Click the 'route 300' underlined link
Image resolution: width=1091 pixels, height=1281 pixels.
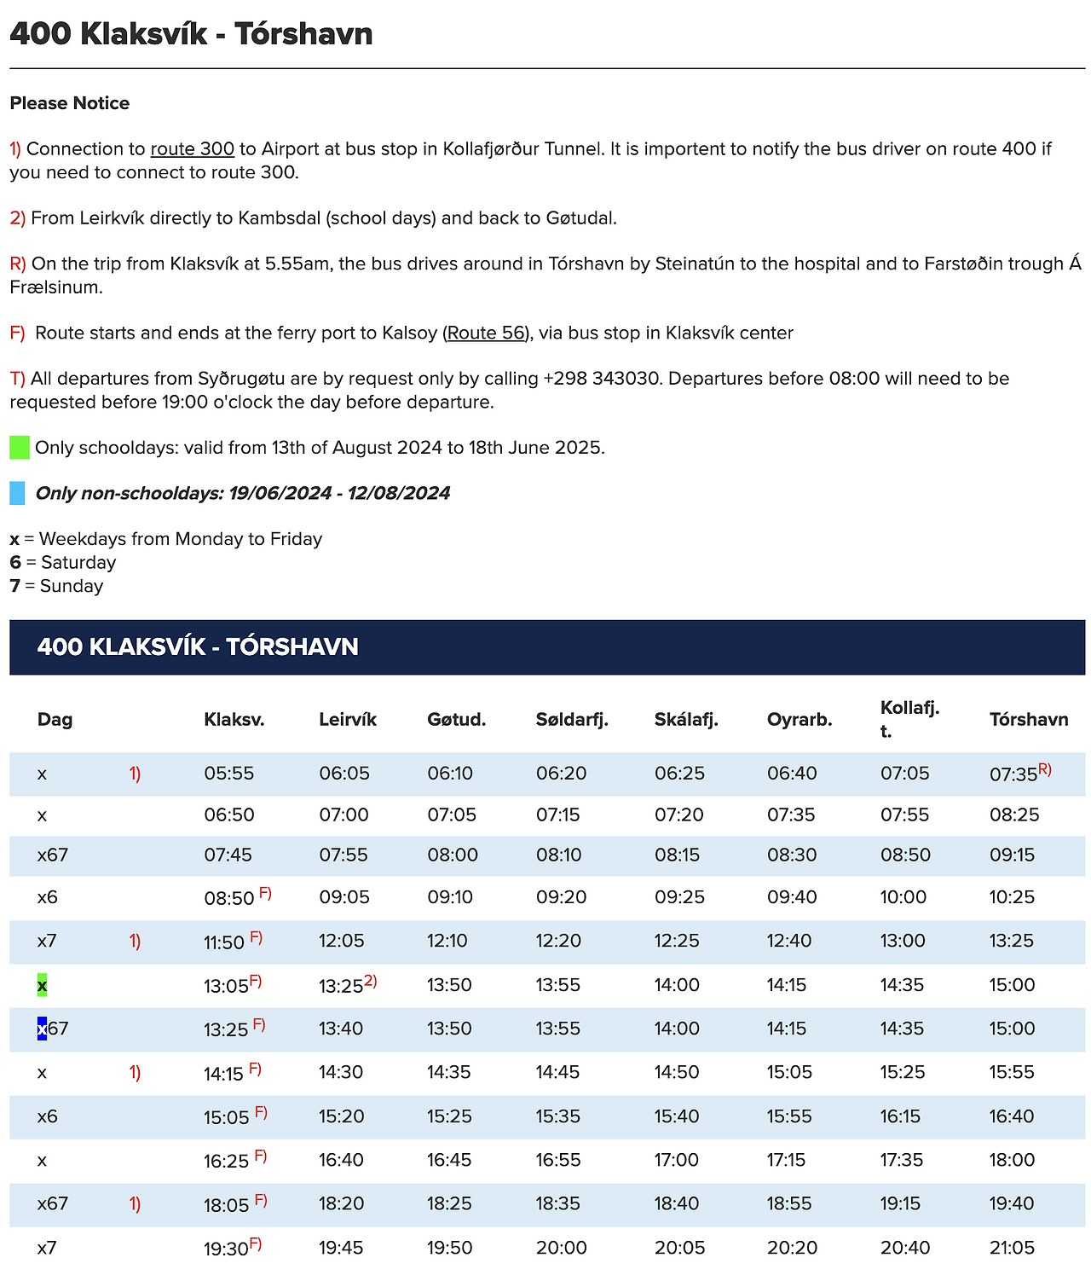192,149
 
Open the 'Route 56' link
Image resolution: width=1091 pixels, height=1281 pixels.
486,333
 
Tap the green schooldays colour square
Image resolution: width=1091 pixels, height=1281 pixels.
20,448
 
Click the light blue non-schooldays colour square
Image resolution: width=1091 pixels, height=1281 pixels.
18,494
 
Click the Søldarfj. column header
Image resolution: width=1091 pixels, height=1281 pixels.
572,720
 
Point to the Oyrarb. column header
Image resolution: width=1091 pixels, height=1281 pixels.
799,720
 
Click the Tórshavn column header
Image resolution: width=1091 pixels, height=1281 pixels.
1029,720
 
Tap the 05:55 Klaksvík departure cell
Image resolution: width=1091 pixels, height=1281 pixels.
228,774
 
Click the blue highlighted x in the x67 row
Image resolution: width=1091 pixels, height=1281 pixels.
42,1029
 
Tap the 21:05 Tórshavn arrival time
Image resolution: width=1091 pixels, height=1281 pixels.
1012,1249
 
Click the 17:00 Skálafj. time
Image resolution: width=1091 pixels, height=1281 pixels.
677,1161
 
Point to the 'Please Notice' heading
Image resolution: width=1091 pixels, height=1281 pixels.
70,104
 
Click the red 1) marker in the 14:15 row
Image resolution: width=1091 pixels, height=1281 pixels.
135,1073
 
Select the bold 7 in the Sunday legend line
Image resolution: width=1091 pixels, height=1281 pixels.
15,587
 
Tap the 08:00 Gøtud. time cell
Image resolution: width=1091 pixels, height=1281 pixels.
452,855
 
